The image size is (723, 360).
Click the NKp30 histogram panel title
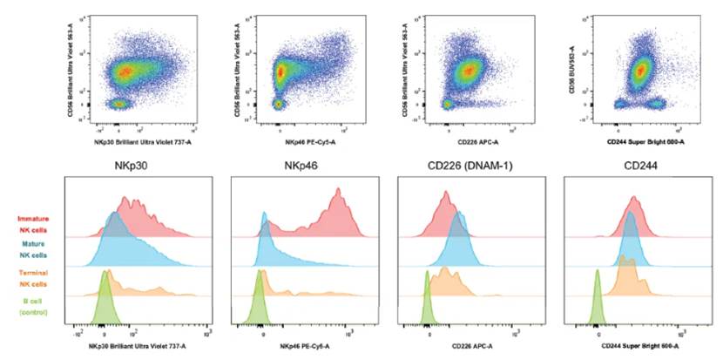click(x=128, y=166)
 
